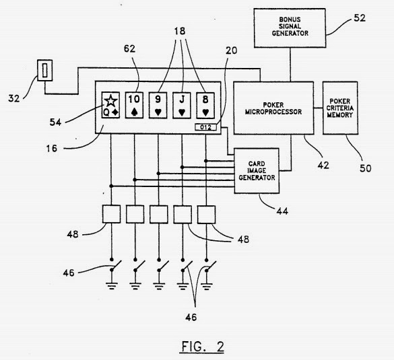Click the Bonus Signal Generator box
point(290,28)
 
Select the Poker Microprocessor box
point(273,108)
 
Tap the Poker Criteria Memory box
point(340,108)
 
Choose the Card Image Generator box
point(257,171)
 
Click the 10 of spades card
point(134,105)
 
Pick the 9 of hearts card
point(158,105)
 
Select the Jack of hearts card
point(182,105)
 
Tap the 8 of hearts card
point(205,105)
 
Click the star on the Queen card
point(110,101)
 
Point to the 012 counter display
point(205,127)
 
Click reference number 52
point(360,18)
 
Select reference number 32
point(14,98)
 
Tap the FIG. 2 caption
point(203,347)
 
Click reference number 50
point(365,168)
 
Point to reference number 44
point(282,211)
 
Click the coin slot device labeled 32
point(44,70)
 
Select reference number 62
point(130,48)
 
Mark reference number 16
point(52,148)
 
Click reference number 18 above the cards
point(180,31)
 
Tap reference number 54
point(55,122)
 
